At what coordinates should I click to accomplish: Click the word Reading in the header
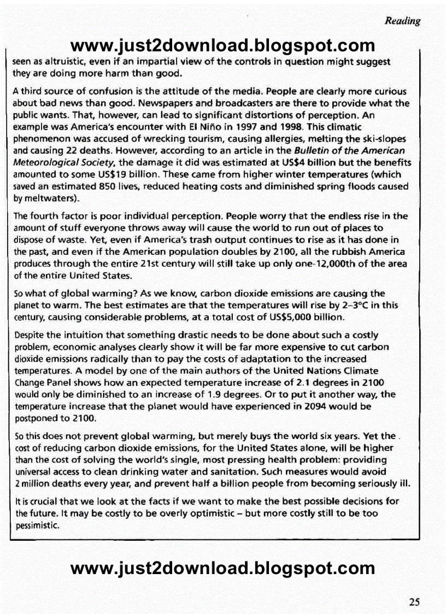point(403,21)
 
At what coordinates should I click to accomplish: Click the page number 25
point(414,602)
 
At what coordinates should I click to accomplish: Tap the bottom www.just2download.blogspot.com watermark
point(223,568)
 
